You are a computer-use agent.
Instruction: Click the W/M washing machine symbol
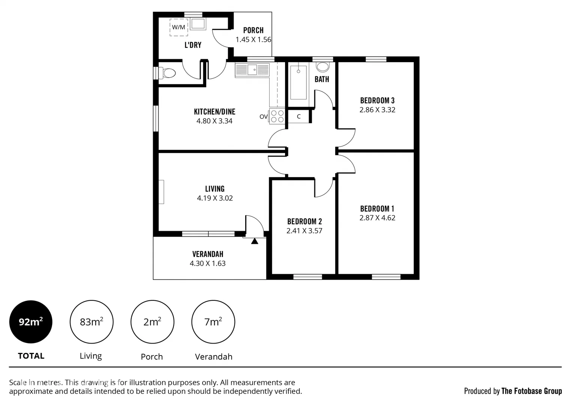tap(178, 27)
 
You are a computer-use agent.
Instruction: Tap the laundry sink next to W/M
tap(198, 24)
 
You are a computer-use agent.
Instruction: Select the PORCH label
tap(253, 30)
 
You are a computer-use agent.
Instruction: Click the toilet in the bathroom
tap(322, 67)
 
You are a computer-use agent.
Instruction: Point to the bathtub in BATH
tap(298, 82)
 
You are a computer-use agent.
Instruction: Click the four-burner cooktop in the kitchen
tap(277, 116)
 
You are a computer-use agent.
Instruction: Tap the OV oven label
tap(263, 117)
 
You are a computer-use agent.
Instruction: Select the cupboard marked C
tap(299, 116)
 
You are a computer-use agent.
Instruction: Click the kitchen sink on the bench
tap(252, 70)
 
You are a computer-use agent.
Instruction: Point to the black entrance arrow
tap(255, 241)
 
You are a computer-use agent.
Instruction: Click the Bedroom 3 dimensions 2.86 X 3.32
tap(377, 110)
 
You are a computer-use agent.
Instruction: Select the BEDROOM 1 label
tap(377, 209)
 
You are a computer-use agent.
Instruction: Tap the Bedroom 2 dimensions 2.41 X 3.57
tap(304, 231)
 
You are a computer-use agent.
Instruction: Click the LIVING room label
tap(214, 189)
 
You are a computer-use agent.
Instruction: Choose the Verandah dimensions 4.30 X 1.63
tap(207, 264)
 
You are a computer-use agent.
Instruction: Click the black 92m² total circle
tap(31, 322)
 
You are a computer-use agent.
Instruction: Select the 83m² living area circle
tap(91, 322)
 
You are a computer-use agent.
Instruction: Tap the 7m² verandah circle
tap(213, 322)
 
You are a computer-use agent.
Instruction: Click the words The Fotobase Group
tap(531, 391)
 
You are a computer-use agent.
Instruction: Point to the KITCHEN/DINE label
tap(214, 112)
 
